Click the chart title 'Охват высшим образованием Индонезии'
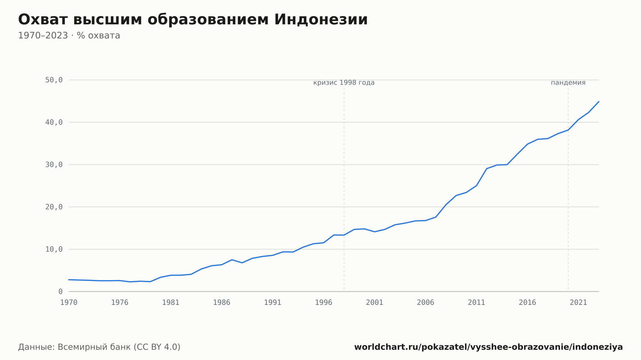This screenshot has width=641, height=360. (x=193, y=20)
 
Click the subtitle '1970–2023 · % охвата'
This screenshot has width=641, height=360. (x=69, y=36)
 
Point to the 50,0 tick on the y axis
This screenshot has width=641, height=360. (x=54, y=80)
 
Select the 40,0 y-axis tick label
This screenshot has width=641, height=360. (x=54, y=122)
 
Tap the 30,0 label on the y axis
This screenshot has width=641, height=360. (x=54, y=165)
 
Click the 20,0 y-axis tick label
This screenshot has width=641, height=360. (x=54, y=207)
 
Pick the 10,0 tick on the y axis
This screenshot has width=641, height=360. (x=54, y=249)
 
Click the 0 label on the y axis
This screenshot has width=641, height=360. (x=60, y=291)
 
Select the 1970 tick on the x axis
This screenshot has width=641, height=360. (x=69, y=303)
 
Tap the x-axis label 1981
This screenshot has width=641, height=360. (x=171, y=303)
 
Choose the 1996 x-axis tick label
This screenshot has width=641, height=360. (x=324, y=303)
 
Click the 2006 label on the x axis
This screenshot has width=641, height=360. (x=426, y=303)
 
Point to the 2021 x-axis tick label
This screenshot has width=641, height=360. (x=579, y=303)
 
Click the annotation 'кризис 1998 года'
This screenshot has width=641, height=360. (x=344, y=83)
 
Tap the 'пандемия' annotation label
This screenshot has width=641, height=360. (x=568, y=83)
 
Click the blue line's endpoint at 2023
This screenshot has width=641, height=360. (x=599, y=102)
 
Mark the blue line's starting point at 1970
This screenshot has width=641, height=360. (x=69, y=280)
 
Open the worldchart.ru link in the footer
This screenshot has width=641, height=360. (x=488, y=347)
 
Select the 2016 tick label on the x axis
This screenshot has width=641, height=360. (x=528, y=303)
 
